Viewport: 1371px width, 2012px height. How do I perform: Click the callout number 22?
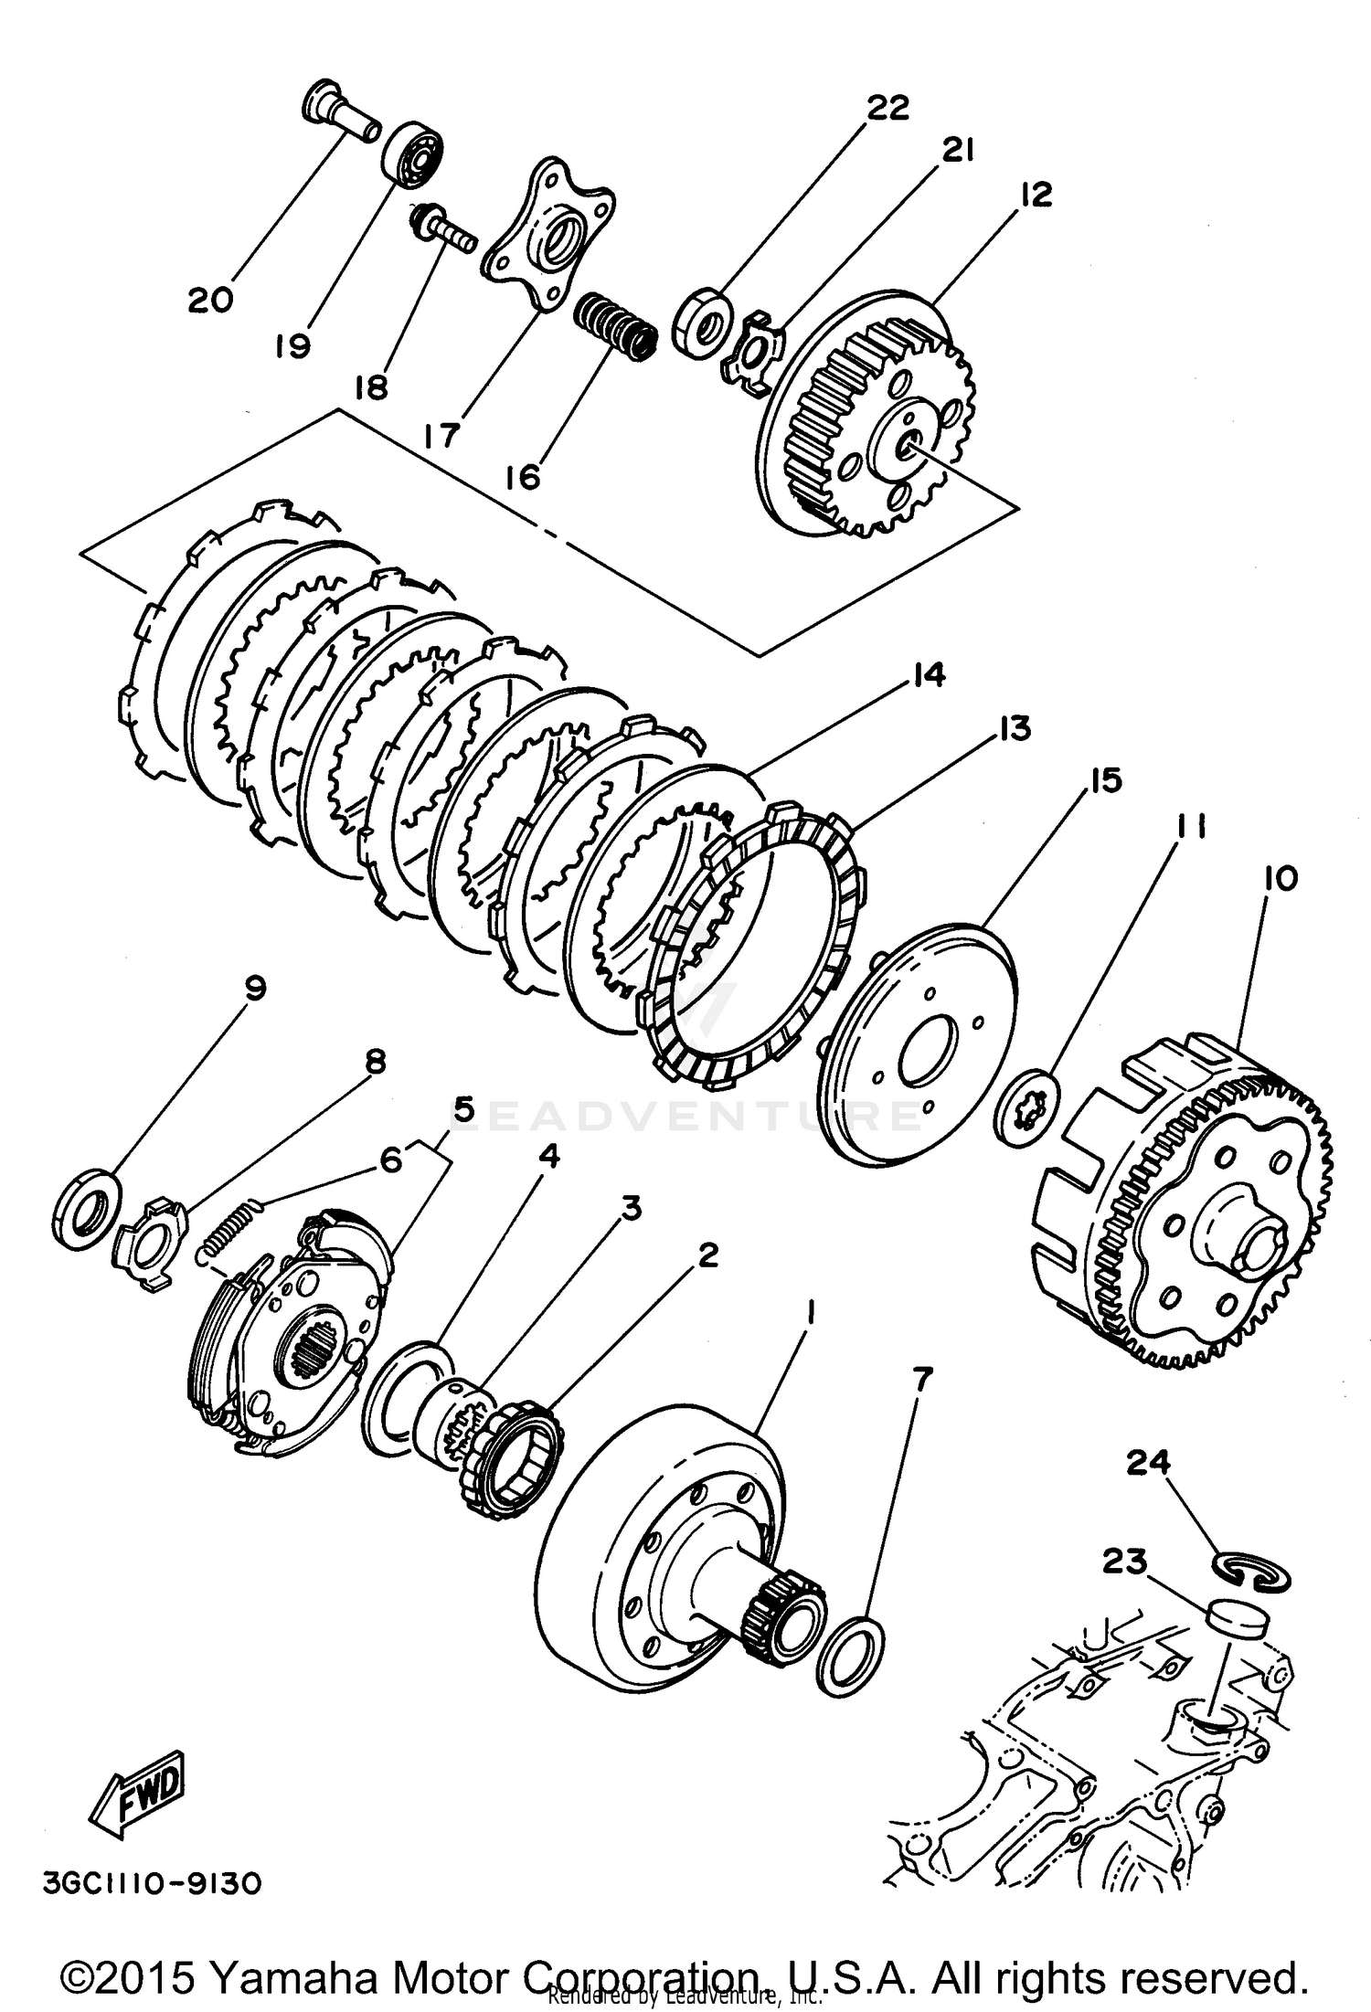(888, 108)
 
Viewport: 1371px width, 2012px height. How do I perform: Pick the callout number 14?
(927, 676)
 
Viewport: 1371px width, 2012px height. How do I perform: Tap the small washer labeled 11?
(1028, 1107)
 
